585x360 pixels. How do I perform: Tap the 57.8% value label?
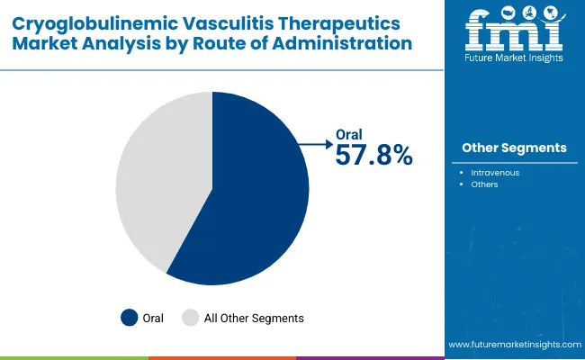pos(373,155)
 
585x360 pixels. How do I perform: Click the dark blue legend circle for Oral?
pos(130,318)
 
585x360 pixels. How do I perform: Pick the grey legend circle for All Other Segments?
pos(190,318)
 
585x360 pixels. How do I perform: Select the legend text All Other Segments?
pos(255,318)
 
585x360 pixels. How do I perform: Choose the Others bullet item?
pos(486,184)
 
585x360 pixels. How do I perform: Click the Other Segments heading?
pos(514,148)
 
